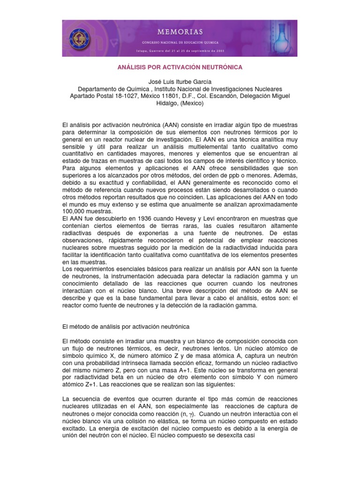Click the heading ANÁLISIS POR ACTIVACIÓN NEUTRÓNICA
pos(180,67)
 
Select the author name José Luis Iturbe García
pos(180,82)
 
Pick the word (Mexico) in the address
pos(189,104)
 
